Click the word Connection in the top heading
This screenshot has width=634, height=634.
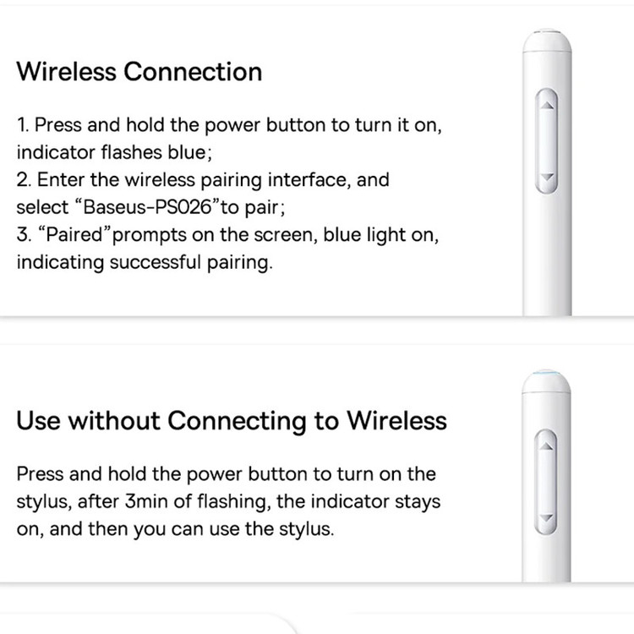[x=193, y=72]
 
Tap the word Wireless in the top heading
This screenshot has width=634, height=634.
[x=66, y=72]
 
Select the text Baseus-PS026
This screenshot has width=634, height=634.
[x=147, y=207]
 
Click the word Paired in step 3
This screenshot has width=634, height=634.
[x=74, y=234]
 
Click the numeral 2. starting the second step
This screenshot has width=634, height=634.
[x=24, y=180]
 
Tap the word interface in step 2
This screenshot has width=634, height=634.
[x=309, y=179]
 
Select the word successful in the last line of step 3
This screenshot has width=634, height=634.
[x=155, y=262]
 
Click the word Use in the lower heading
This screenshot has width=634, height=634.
[x=38, y=420]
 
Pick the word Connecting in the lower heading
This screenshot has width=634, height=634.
[x=237, y=421]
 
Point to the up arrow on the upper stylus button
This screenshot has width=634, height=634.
[x=547, y=106]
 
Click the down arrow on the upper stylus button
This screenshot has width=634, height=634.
[x=547, y=177]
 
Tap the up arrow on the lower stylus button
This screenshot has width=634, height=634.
[x=546, y=446]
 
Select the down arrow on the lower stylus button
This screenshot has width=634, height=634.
[x=546, y=517]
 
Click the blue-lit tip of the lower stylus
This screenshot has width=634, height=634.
[x=546, y=374]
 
